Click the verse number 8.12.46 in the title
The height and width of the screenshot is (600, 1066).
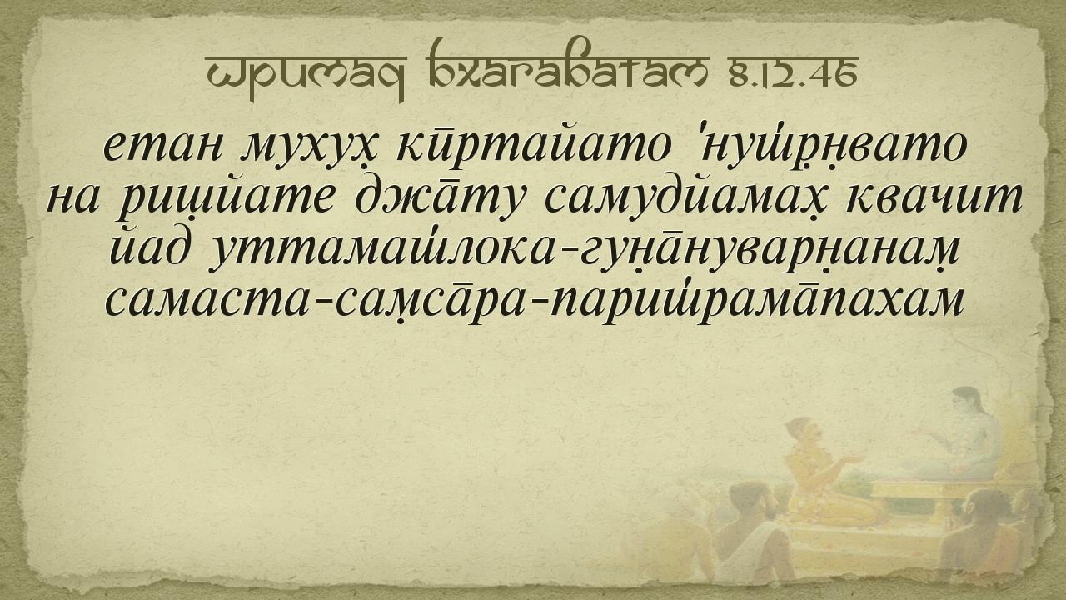tap(794, 75)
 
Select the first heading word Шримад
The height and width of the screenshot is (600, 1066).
tap(306, 77)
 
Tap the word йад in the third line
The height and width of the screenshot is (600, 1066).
tap(150, 247)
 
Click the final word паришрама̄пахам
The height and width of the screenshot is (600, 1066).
tap(757, 301)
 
